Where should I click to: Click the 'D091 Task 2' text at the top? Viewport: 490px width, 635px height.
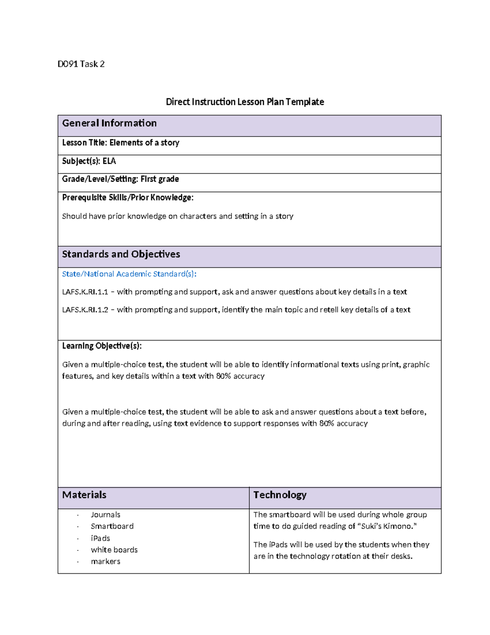click(x=81, y=64)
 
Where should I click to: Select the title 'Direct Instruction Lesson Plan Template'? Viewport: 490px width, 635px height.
click(x=245, y=102)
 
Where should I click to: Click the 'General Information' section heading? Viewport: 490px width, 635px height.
click(x=109, y=123)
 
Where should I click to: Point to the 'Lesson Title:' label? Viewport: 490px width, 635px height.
click(x=85, y=143)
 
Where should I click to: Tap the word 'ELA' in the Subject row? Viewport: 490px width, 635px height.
click(x=109, y=161)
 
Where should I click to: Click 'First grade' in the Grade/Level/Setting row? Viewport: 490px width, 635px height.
click(x=160, y=179)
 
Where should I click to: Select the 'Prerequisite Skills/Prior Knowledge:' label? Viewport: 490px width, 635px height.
click(x=127, y=197)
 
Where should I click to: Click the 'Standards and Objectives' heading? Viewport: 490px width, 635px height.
click(x=121, y=254)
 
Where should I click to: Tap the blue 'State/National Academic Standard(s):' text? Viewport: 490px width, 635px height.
click(x=129, y=274)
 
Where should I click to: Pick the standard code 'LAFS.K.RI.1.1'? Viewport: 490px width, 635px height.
click(x=85, y=292)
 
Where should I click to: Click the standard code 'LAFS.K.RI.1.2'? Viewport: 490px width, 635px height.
click(x=85, y=310)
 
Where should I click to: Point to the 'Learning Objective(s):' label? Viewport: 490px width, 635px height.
click(x=102, y=346)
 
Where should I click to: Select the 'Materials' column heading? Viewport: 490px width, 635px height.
click(x=84, y=495)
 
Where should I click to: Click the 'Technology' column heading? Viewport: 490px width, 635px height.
click(x=280, y=495)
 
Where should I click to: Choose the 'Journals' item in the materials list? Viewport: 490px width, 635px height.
click(x=105, y=515)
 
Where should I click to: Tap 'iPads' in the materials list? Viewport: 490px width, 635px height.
click(x=100, y=539)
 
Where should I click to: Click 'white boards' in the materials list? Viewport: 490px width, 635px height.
click(x=114, y=550)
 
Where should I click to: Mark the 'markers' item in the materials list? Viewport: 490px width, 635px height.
click(x=105, y=561)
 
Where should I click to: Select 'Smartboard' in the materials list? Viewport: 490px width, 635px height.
click(x=112, y=526)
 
